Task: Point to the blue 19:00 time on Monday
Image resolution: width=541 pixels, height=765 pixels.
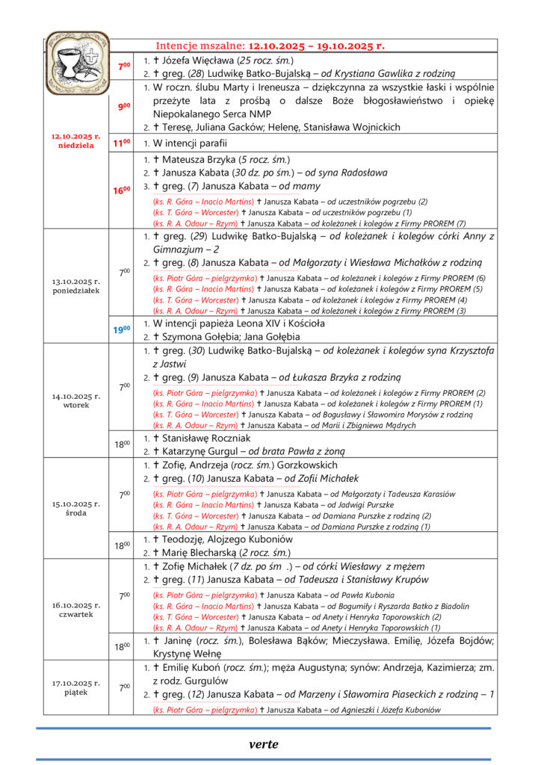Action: tap(122, 329)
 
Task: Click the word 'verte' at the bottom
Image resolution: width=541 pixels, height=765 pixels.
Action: tap(263, 744)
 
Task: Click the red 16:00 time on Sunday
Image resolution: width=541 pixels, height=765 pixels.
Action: tap(122, 191)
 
